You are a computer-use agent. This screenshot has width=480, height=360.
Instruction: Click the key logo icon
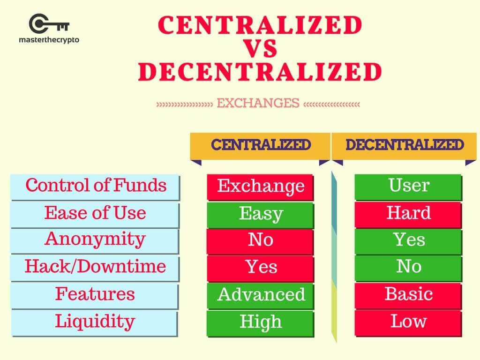tap(49, 24)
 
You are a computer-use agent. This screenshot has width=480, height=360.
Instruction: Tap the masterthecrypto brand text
tap(49, 40)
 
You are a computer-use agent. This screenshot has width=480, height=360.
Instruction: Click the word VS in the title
tap(260, 49)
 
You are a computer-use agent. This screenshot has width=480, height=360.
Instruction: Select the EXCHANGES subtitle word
tap(258, 103)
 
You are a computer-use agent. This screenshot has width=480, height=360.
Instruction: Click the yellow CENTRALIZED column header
tap(261, 145)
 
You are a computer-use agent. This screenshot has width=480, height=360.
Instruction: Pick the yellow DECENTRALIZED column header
tap(405, 145)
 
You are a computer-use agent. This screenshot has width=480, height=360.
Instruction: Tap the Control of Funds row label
tap(95, 186)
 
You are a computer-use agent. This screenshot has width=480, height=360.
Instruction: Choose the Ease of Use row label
tap(95, 213)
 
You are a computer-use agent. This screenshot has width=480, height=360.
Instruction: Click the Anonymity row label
tap(95, 240)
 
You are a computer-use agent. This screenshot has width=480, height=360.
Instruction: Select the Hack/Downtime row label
tap(95, 267)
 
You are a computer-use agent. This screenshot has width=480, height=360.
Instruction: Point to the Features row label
tap(95, 294)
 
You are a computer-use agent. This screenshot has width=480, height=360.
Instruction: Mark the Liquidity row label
tap(95, 322)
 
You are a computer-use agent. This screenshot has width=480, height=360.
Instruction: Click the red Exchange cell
tap(261, 187)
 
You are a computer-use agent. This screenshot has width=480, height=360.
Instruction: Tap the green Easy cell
tap(261, 214)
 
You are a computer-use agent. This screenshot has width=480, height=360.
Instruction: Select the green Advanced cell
tap(261, 295)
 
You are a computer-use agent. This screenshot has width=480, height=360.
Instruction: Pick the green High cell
tap(261, 322)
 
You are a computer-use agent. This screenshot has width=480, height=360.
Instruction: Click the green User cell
tap(408, 186)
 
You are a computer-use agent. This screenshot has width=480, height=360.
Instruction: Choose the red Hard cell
tap(408, 213)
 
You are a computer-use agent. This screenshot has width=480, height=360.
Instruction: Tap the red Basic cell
tap(408, 294)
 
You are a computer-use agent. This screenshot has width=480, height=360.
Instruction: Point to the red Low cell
tap(408, 322)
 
